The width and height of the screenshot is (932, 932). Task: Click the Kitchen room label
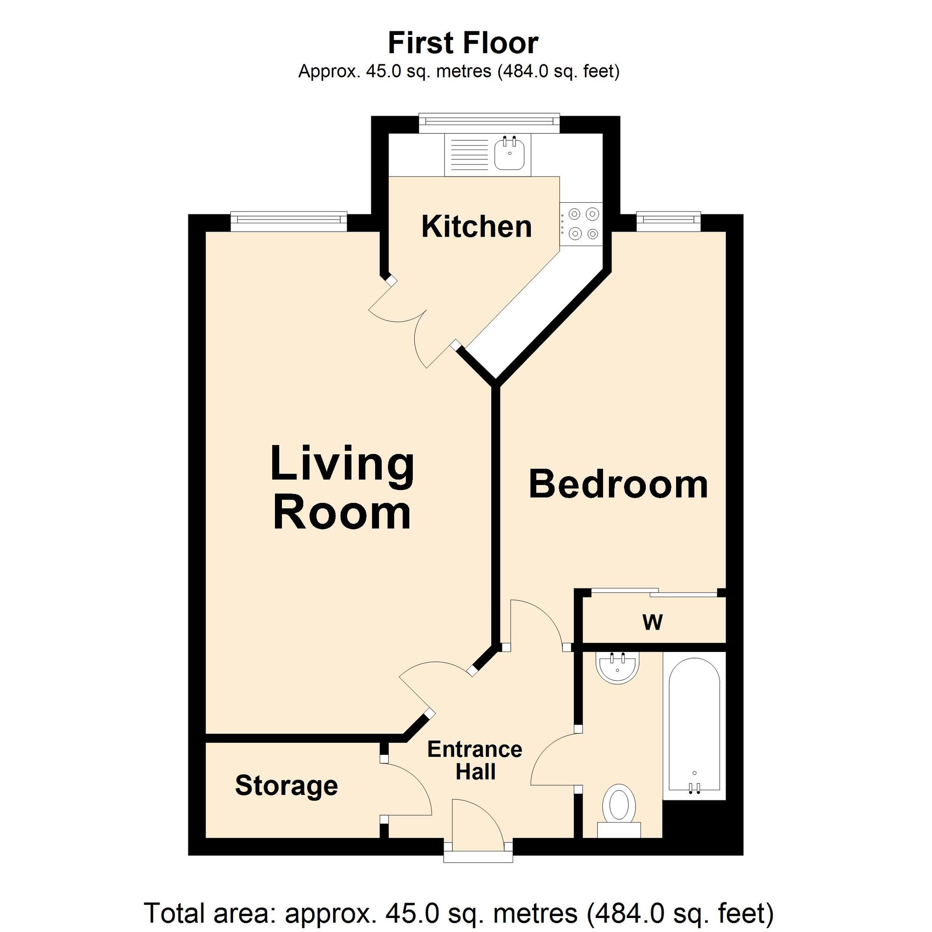[477, 227]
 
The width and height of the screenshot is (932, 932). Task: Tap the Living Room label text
[343, 488]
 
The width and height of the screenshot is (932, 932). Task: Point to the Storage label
[287, 786]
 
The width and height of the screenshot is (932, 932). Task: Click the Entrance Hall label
[475, 761]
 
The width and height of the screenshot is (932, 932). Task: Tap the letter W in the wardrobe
[653, 622]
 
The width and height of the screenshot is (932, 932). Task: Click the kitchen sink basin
[510, 153]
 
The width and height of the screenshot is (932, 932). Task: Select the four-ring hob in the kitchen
[581, 224]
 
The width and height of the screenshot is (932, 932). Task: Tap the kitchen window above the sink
[489, 123]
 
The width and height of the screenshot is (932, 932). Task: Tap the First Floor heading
[463, 43]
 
